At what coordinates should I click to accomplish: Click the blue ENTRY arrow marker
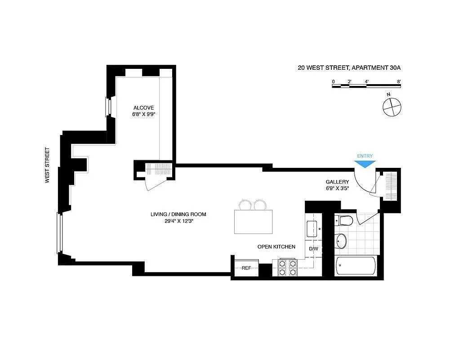365,164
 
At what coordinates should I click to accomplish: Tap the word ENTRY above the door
365,156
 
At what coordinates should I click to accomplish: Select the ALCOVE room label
143,108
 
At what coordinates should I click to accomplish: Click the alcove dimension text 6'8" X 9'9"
143,115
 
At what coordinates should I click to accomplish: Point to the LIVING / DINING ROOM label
178,214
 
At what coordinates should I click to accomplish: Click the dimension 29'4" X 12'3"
179,221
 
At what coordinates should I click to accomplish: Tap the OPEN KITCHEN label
276,247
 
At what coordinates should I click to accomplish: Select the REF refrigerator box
246,268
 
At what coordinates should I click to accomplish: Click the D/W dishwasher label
313,249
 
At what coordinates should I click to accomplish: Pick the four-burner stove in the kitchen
287,268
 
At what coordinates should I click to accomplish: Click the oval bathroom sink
341,241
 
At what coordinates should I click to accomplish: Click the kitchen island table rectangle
254,222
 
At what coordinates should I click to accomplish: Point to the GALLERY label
337,182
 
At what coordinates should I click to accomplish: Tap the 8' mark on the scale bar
399,82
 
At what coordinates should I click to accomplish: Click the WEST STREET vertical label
47,165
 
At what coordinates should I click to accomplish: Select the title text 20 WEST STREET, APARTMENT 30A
349,67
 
